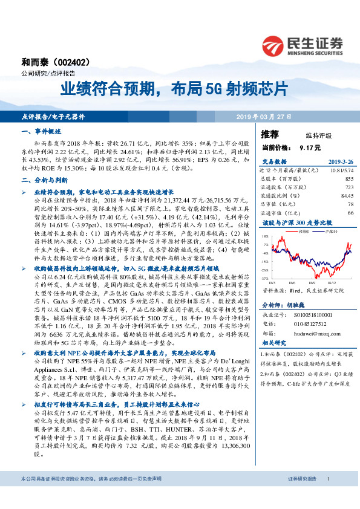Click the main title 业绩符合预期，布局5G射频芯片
pyautogui.click(x=173, y=89)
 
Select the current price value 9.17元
pyautogui.click(x=310, y=147)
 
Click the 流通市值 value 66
pyautogui.click(x=350, y=213)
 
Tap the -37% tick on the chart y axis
pyautogui.click(x=266, y=277)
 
